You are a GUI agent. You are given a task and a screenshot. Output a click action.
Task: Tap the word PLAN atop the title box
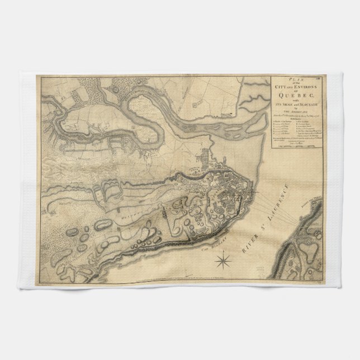pos(296,79)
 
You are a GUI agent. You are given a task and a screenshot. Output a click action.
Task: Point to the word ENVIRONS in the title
pos(305,86)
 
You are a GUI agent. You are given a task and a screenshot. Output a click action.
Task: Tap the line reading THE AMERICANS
pos(296,112)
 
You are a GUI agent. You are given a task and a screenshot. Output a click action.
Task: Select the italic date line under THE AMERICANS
pos(296,115)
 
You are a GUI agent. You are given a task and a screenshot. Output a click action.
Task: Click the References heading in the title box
pos(296,119)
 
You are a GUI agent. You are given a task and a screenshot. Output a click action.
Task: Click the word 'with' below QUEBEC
pos(296,101)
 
